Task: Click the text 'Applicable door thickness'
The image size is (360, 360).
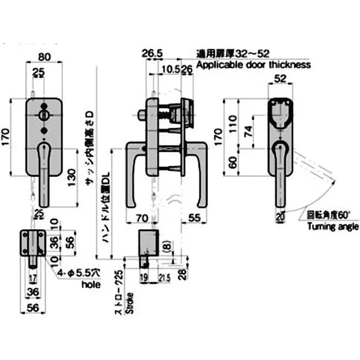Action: [x=253, y=64]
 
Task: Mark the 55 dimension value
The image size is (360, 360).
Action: [x=194, y=217]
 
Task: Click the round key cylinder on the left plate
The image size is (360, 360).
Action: [x=44, y=115]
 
